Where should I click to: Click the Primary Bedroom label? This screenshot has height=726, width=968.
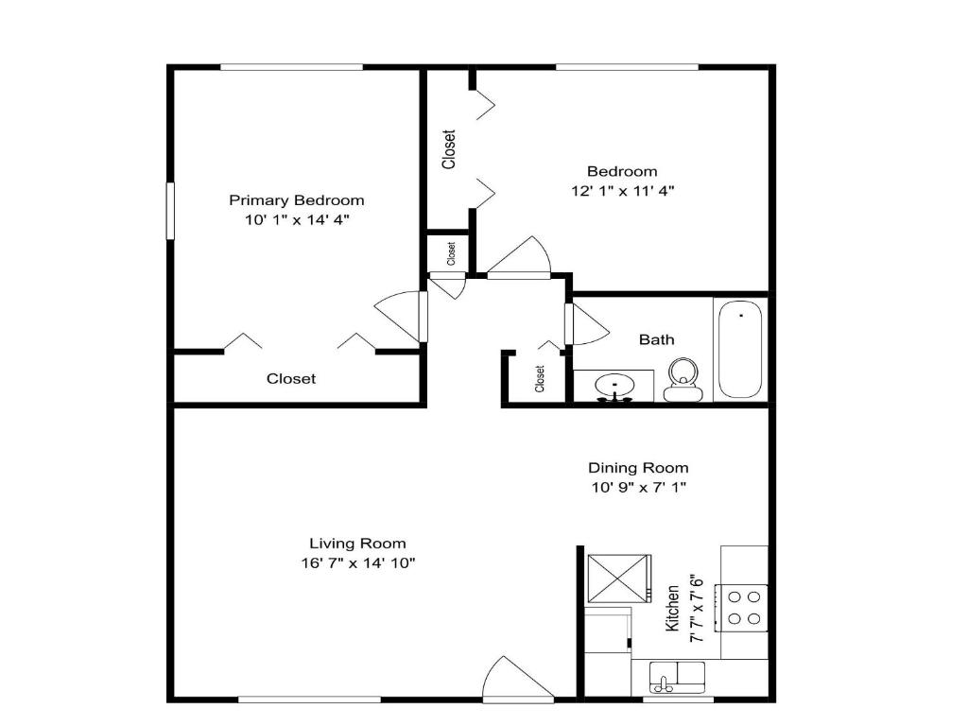(296, 200)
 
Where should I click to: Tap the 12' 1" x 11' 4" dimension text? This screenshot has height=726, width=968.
(621, 190)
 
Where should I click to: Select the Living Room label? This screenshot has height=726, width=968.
(357, 543)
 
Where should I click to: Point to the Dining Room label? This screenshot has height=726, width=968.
(638, 467)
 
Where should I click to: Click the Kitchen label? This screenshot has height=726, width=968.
(673, 608)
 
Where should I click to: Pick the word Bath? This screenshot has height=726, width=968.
(656, 339)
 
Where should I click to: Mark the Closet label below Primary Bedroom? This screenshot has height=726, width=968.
(291, 379)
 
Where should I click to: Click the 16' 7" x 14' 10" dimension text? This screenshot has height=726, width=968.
(357, 562)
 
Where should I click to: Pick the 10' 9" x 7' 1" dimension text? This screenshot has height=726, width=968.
(638, 488)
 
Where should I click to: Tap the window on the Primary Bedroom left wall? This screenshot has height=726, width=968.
(172, 210)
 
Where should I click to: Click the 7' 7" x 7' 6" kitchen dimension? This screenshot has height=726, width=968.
(697, 608)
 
